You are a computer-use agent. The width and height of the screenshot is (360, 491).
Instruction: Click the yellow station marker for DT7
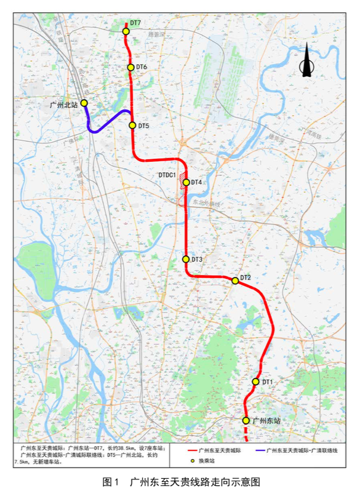point(126,31)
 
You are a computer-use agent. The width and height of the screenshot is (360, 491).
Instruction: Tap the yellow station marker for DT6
point(130,68)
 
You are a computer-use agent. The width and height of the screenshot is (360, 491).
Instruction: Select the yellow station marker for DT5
point(132,126)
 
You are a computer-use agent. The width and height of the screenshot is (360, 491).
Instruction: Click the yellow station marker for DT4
point(185,182)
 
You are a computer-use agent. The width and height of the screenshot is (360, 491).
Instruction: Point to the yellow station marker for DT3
point(186,260)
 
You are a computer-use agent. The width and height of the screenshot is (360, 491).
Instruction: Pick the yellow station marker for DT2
point(235,281)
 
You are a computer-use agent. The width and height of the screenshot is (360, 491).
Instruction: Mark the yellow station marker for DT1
point(256,382)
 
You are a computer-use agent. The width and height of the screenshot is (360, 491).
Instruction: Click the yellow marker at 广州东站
point(246,421)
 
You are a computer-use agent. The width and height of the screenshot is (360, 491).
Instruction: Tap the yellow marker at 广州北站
point(84,103)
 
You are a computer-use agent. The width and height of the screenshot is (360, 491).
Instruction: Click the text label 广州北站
point(64,105)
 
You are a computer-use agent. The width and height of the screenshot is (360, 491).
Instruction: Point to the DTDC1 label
point(167,175)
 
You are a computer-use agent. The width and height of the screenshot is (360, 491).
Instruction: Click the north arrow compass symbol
point(306,62)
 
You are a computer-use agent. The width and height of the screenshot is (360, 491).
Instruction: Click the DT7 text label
point(136,23)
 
